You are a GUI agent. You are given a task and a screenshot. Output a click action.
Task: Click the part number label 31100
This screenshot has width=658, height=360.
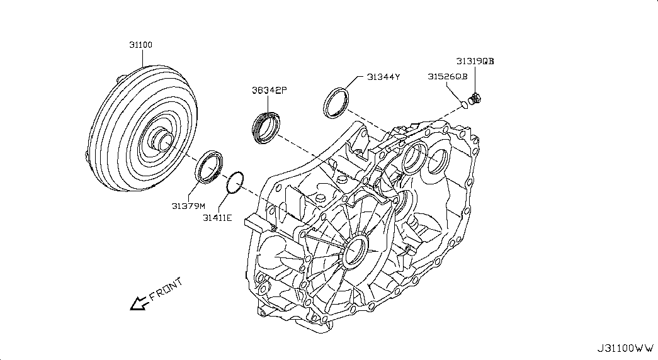click(x=140, y=45)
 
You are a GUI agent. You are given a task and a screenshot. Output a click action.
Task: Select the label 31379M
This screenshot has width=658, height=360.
click(x=188, y=206)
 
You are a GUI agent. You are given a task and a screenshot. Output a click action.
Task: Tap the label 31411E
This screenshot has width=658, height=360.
click(x=217, y=218)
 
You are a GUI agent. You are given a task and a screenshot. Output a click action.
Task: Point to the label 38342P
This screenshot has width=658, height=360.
click(x=269, y=90)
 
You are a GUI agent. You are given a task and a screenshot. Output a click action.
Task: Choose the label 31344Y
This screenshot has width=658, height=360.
click(x=383, y=77)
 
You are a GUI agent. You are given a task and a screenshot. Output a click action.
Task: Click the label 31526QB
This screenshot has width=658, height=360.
click(x=447, y=76)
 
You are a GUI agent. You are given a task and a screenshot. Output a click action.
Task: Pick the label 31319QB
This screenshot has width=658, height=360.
click(x=475, y=61)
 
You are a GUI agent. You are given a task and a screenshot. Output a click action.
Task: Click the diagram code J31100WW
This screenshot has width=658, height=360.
click(x=626, y=348)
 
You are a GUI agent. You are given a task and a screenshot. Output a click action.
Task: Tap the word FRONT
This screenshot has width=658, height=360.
click(x=166, y=289)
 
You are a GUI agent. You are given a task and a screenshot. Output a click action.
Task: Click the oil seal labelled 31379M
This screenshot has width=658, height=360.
click(x=209, y=167)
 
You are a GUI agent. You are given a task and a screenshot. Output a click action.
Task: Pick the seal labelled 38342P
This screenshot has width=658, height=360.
click(x=266, y=127)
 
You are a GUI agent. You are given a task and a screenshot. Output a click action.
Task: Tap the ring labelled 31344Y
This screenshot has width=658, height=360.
click(x=336, y=103)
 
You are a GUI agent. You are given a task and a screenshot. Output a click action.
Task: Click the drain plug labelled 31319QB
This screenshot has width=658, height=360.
click(x=475, y=99)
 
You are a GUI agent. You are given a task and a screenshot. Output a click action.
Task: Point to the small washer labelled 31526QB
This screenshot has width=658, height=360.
click(x=464, y=104)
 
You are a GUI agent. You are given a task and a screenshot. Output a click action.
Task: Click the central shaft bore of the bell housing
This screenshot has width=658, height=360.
click(x=355, y=252)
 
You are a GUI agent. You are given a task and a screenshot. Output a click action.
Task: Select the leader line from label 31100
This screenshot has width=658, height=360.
click(x=142, y=59)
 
